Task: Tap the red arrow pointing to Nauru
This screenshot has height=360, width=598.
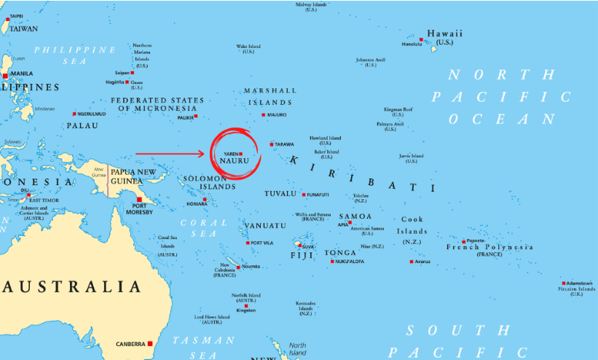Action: tap(171, 154)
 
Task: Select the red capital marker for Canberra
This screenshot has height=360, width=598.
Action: tap(150, 343)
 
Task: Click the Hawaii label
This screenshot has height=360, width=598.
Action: tap(444, 34)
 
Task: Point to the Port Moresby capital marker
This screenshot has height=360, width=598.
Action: tap(138, 199)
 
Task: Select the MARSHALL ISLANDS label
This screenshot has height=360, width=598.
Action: tap(270, 96)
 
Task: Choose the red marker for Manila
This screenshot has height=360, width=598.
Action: tap(6, 75)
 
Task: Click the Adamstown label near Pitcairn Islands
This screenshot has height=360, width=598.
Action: tap(578, 283)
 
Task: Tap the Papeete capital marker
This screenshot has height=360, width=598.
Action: tap(463, 241)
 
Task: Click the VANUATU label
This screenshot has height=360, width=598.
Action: tap(264, 225)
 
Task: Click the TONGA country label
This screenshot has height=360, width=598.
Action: tap(340, 253)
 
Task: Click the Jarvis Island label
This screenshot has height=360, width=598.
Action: tap(412, 156)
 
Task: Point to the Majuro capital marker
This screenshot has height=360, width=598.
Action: tap(264, 115)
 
